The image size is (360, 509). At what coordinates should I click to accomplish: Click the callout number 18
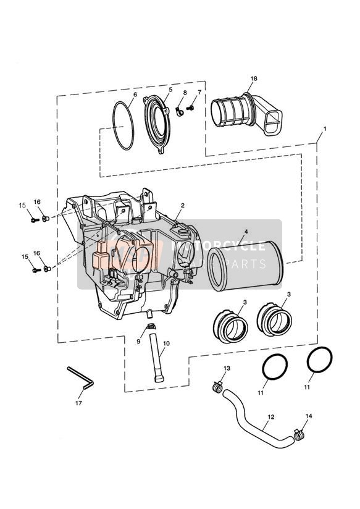click(254, 78)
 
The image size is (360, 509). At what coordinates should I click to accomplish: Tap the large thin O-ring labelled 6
click(123, 125)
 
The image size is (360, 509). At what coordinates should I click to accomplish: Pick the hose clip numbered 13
click(217, 386)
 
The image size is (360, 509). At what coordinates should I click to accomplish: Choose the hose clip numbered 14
click(300, 434)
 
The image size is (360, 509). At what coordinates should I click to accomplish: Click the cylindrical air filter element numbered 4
click(246, 264)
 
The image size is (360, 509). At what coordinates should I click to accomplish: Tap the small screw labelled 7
click(191, 107)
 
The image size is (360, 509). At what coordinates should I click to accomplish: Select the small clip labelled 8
click(179, 111)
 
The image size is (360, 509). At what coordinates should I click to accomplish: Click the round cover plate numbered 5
click(157, 125)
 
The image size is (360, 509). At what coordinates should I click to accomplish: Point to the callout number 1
click(324, 128)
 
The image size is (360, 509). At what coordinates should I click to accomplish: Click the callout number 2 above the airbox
click(183, 205)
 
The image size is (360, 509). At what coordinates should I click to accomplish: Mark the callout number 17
click(78, 403)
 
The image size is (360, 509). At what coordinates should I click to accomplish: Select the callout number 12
click(271, 417)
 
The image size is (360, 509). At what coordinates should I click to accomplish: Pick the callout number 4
click(246, 232)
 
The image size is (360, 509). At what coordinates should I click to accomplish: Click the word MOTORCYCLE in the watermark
click(218, 246)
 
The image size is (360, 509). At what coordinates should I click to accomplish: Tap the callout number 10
click(167, 343)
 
